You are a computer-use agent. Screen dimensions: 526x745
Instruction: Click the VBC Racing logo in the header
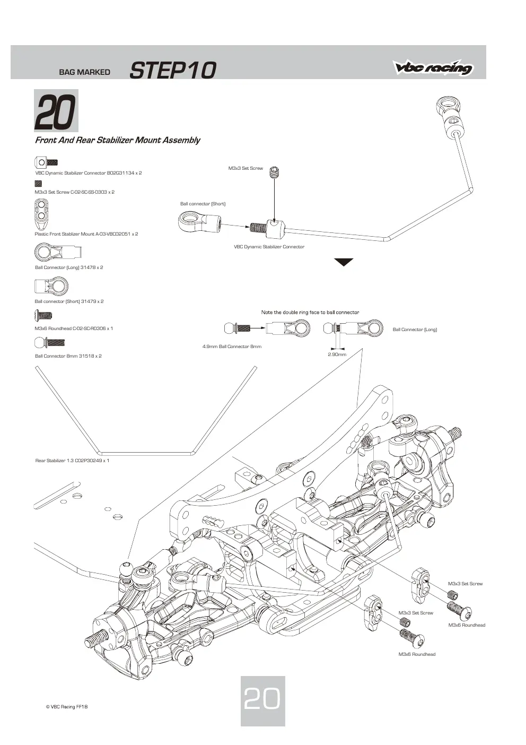coord(433,67)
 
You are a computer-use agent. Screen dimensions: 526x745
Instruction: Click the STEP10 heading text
coord(173,70)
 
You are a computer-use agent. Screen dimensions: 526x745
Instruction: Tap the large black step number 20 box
coord(56,111)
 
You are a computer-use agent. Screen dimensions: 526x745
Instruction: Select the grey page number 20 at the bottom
coord(262,698)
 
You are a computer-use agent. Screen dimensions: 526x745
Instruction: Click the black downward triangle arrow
coord(344,262)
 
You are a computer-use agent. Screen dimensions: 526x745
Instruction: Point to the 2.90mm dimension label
coord(337,354)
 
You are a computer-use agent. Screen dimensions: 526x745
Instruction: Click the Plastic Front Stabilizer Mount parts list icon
coord(42,214)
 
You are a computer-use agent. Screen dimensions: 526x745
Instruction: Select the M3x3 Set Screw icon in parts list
coord(38,184)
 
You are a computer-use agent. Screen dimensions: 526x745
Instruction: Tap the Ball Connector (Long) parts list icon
coord(58,252)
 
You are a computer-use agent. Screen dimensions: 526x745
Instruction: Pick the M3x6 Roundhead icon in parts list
coord(43,315)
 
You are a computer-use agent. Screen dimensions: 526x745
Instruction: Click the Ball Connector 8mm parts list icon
coord(49,342)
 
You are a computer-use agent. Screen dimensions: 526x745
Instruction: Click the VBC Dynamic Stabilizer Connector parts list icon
coord(46,162)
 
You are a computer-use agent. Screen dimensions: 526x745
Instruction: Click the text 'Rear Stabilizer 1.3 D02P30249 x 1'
coord(72,461)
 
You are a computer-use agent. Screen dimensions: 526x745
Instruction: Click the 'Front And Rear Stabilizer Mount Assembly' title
coord(118,140)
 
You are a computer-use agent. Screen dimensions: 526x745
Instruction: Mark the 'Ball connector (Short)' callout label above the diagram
coord(203,204)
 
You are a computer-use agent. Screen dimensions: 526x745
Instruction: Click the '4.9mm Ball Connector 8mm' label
coord(232,346)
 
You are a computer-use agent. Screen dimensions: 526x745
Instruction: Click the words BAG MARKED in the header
coord(84,72)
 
